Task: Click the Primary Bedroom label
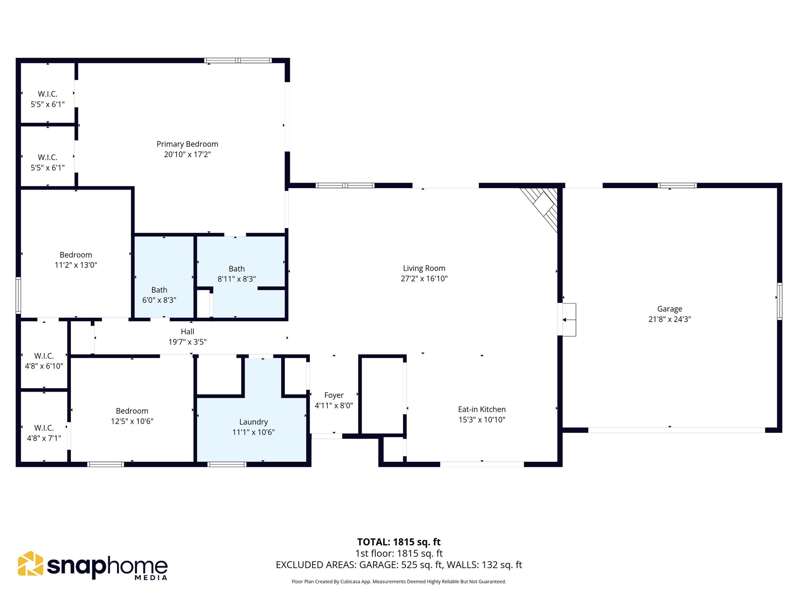pos(187,144)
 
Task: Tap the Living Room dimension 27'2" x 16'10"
pos(424,278)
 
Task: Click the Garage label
pos(669,309)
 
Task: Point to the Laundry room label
pos(253,422)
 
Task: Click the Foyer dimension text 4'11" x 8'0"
pos(334,405)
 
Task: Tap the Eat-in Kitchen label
pos(482,409)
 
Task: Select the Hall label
pos(187,332)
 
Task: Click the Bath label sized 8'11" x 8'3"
pos(237,269)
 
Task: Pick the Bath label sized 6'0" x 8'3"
pos(159,290)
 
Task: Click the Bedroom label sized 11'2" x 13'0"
pos(76,255)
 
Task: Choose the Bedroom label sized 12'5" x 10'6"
pos(132,411)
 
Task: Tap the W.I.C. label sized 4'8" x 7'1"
pos(44,428)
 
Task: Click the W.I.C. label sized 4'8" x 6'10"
pos(44,356)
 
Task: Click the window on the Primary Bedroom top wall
pos(238,60)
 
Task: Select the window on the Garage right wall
pos(779,301)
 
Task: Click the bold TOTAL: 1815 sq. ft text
pos(399,542)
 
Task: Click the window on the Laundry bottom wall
pos(227,464)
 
